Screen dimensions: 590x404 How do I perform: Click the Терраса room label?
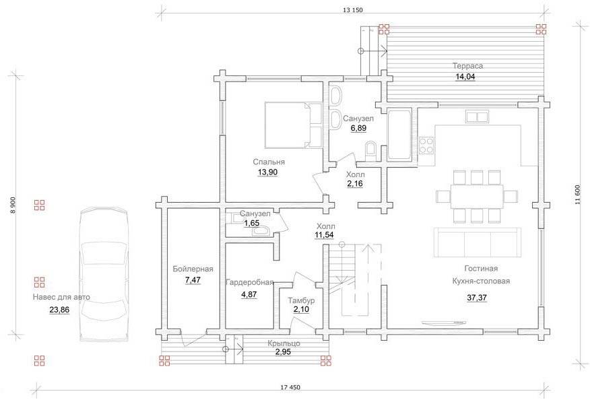click(x=467, y=66)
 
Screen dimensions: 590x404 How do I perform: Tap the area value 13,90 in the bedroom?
click(x=267, y=172)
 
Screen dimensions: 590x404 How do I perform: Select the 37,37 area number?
click(x=477, y=298)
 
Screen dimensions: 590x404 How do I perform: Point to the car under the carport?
click(x=104, y=275)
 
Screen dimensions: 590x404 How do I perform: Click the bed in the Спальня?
click(x=294, y=125)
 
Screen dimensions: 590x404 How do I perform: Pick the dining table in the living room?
click(x=477, y=197)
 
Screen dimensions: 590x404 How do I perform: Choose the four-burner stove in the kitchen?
click(x=426, y=145)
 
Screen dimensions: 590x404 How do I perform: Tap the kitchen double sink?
click(x=477, y=116)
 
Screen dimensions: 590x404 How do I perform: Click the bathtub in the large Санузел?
click(x=400, y=135)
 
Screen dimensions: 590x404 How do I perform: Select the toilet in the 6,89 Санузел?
click(x=370, y=149)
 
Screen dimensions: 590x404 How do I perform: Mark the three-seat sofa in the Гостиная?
click(x=477, y=242)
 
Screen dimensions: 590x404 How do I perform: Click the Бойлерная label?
click(x=193, y=269)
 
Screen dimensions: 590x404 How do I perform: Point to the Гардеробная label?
click(x=249, y=283)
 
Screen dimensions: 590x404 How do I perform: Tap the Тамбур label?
click(x=301, y=300)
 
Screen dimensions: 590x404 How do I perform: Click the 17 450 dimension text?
click(x=290, y=387)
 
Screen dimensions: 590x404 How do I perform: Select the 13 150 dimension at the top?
click(x=352, y=10)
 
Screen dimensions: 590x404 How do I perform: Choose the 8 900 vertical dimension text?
click(x=13, y=205)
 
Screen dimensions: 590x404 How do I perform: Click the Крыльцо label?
click(x=284, y=343)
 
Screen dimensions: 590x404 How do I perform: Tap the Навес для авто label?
click(x=61, y=297)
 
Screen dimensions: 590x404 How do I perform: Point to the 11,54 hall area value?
click(x=325, y=236)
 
